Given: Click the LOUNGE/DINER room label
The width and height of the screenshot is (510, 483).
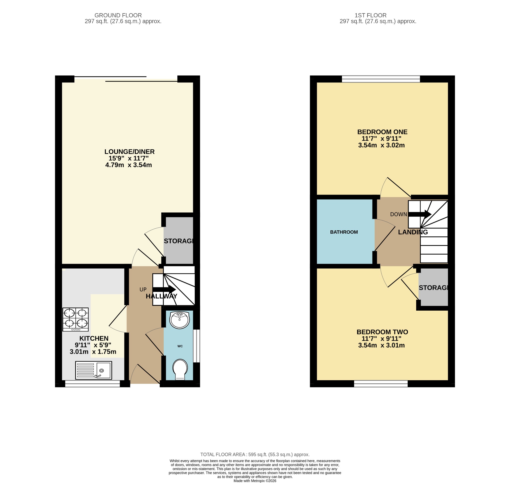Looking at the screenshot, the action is tap(129, 152).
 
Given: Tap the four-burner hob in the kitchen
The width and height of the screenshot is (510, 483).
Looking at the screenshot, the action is tap(75, 320).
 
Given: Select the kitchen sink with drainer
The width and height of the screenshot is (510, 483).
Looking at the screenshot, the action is tap(93, 370).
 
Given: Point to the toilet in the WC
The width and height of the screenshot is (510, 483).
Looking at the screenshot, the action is tap(180, 369).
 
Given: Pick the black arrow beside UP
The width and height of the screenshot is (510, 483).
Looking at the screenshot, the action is tap(164, 289).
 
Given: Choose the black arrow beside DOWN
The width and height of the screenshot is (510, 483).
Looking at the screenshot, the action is tap(420, 214).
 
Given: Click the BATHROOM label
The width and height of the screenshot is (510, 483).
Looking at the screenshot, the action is tap(344, 232).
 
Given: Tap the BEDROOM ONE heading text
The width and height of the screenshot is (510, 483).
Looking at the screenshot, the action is tap(382, 132).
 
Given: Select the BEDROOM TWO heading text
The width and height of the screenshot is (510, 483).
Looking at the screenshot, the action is tap(382, 332).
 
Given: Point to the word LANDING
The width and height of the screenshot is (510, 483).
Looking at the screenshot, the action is tap(413, 232).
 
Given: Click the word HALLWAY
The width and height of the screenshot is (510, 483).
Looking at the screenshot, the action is tap(161, 296).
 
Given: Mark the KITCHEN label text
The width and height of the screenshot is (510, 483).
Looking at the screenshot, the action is tap(94, 338).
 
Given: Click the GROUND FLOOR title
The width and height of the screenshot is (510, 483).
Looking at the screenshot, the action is tap(118, 15).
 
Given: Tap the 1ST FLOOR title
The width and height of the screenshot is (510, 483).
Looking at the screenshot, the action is tap(371, 15).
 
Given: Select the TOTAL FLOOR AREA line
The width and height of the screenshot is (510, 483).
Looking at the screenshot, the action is tap(255, 454).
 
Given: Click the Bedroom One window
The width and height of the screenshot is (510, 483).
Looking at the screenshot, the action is tap(381, 79).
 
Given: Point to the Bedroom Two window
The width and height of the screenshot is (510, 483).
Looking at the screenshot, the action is tap(381, 384).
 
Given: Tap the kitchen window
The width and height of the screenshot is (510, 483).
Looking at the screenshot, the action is tap(92, 384).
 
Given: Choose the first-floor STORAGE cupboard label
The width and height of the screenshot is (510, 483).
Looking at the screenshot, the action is tap(433, 288).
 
